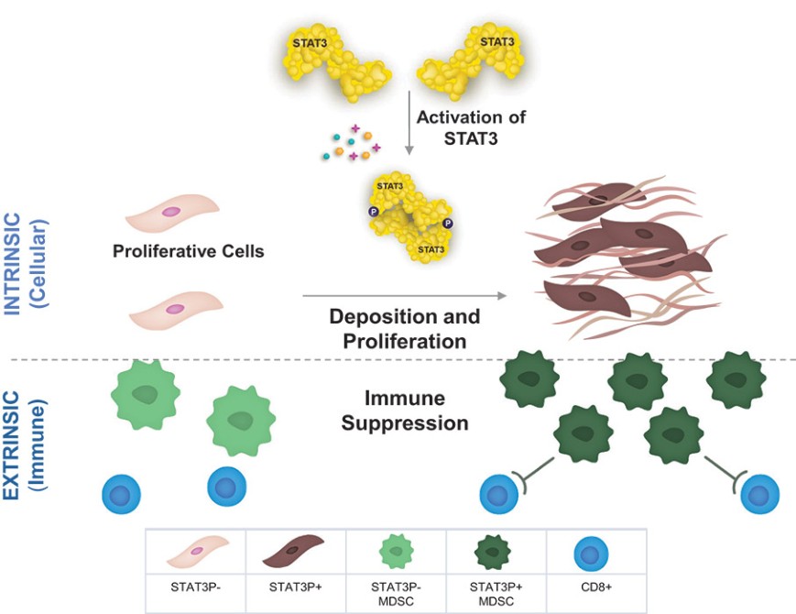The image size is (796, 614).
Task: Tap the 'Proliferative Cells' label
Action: (x=189, y=251)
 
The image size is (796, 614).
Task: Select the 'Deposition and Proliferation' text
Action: (x=405, y=330)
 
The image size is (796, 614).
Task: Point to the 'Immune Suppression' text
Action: (x=405, y=411)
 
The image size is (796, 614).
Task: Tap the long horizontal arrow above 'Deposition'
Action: (x=404, y=296)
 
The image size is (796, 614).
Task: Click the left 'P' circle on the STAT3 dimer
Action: (x=373, y=212)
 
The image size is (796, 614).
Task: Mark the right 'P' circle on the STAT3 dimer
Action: (x=447, y=223)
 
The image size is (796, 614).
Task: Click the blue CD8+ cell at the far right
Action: (x=759, y=495)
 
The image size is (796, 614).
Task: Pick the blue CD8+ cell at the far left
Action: (x=121, y=494)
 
